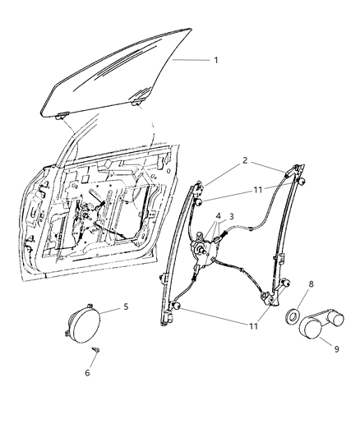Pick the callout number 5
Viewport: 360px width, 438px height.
[x=126, y=308]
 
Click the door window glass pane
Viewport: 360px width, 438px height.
[x=123, y=74]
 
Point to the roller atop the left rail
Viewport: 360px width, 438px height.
[x=201, y=199]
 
